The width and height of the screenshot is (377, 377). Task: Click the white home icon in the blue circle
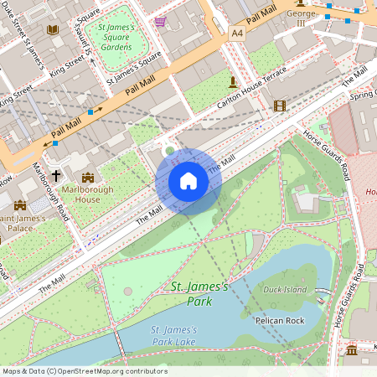188,181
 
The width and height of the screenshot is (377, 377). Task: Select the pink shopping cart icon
160,21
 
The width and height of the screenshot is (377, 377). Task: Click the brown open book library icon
53,29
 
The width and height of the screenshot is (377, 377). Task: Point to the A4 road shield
238,32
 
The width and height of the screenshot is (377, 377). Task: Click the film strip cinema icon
279,106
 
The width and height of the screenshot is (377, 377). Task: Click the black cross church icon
57,176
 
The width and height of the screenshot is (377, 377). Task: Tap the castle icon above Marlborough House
88,177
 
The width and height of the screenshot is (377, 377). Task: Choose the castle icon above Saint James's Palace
20,204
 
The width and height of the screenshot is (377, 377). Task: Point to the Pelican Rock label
278,319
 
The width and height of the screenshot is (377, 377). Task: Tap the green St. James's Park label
199,293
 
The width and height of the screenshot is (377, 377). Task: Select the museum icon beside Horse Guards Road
351,349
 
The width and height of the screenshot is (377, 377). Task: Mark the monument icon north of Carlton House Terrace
232,80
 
